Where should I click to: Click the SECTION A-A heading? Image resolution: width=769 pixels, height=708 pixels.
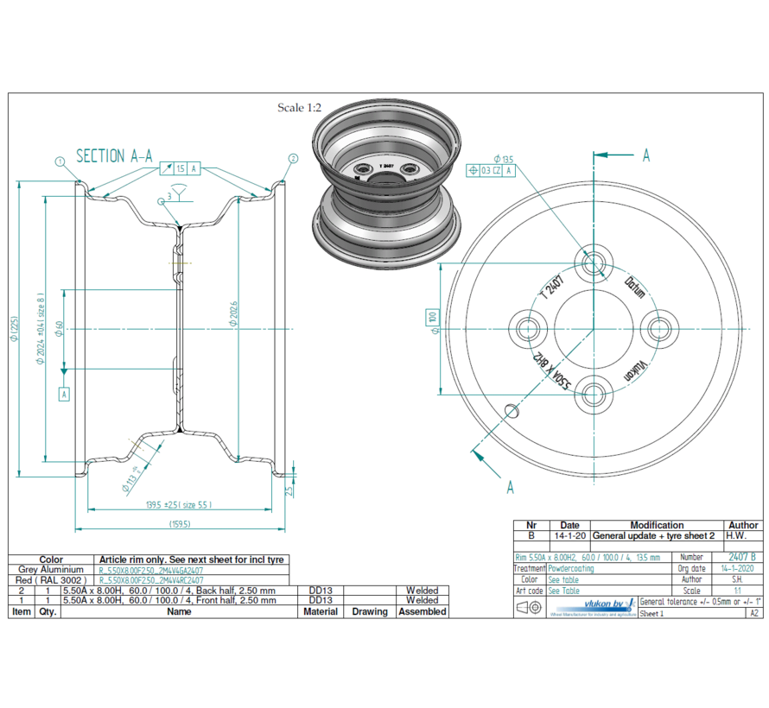[114, 156]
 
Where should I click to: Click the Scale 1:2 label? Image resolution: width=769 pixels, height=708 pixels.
[299, 108]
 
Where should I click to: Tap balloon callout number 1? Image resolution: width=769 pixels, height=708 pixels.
[60, 161]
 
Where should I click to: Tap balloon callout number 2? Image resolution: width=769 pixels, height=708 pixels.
[293, 159]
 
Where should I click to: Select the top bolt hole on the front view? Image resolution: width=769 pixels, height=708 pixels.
[592, 262]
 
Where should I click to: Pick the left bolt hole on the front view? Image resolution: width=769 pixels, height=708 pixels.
[526, 328]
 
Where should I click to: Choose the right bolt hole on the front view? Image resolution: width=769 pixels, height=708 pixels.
[658, 328]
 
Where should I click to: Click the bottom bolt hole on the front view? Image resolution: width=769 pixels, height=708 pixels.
[592, 395]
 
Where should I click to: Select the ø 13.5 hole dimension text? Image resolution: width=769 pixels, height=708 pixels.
[503, 159]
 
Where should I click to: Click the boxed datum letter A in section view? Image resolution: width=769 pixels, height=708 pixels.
[63, 394]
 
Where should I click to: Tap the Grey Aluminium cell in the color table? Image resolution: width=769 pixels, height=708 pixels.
[51, 570]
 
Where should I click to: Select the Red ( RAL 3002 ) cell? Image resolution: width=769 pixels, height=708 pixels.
[51, 580]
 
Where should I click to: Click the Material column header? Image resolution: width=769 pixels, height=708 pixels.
[320, 611]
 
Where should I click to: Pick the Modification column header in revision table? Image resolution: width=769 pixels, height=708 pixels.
[657, 525]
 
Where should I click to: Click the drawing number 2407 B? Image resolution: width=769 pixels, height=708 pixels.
[741, 558]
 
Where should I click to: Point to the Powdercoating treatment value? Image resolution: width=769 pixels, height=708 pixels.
[570, 569]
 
